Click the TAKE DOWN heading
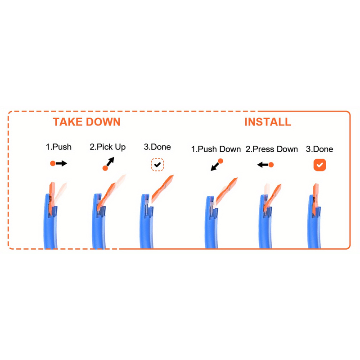[86, 121]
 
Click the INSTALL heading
[268, 121]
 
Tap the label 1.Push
[58, 147]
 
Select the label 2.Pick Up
[108, 147]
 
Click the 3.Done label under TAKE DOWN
[157, 147]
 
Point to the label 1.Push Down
[216, 149]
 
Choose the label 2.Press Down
[272, 149]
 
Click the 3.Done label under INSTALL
[319, 149]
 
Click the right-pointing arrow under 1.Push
[59, 163]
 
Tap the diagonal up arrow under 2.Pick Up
[108, 164]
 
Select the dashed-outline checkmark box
[157, 165]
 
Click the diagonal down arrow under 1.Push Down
[217, 165]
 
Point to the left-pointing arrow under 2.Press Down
[265, 165]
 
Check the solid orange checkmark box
[319, 165]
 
